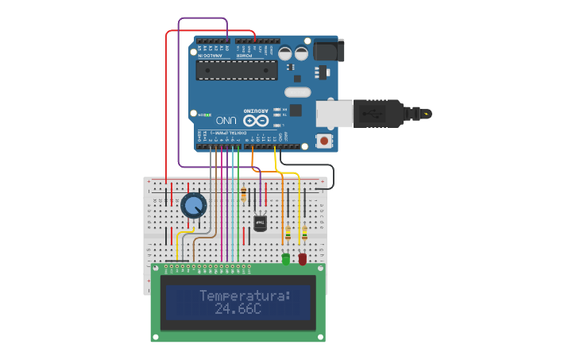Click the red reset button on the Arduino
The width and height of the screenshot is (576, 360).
(324, 141)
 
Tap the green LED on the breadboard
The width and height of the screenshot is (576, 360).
(286, 258)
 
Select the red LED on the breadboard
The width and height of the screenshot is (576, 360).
(303, 258)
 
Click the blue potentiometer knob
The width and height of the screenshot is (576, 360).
(193, 205)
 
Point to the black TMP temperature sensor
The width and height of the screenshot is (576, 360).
(260, 223)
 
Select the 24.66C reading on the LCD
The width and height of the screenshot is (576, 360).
(238, 308)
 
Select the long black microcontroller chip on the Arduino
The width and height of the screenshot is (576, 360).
(237, 71)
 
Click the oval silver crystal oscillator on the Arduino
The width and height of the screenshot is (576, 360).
(296, 92)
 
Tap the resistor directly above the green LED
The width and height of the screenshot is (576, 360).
(287, 233)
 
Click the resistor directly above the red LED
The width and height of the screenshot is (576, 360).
(303, 233)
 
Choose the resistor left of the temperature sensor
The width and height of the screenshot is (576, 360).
(243, 194)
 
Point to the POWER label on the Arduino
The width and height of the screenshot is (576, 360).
(248, 55)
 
